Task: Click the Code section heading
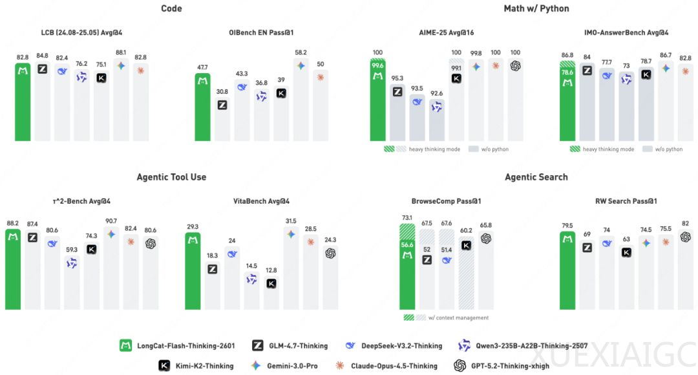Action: tap(171, 8)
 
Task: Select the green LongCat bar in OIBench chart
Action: tap(202, 107)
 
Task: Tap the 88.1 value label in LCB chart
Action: tap(121, 53)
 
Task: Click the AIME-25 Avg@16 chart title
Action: tap(447, 32)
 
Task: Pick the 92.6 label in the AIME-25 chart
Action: tap(436, 93)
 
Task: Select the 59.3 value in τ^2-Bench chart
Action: tap(72, 250)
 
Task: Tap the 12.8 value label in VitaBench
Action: tap(271, 270)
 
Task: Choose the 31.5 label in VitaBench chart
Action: tap(291, 221)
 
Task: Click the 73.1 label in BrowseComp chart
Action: tap(407, 218)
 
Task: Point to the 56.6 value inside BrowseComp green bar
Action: tap(407, 245)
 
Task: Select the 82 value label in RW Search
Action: tap(685, 224)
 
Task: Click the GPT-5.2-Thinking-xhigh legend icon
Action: tap(460, 366)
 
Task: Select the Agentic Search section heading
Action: tap(536, 177)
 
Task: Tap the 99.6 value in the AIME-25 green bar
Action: tap(378, 65)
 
